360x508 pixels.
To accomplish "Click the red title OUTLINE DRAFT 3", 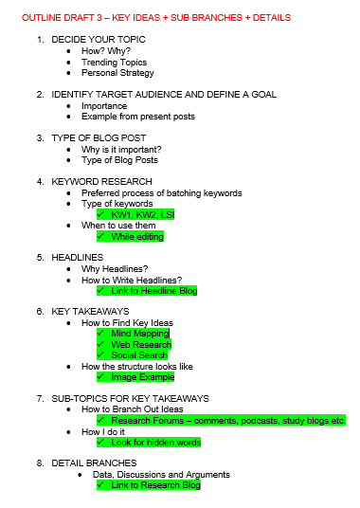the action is [x=156, y=17].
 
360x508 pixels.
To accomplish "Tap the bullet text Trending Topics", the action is [x=114, y=62].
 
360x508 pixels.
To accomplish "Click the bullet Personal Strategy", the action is [x=117, y=73].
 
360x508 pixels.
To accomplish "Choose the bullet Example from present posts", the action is [x=135, y=117].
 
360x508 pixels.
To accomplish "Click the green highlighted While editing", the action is [x=137, y=236].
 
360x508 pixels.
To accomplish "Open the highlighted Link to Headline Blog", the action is [x=153, y=291].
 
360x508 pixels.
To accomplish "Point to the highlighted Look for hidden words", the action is [x=154, y=443].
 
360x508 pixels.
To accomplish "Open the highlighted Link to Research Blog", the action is [x=155, y=485].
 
